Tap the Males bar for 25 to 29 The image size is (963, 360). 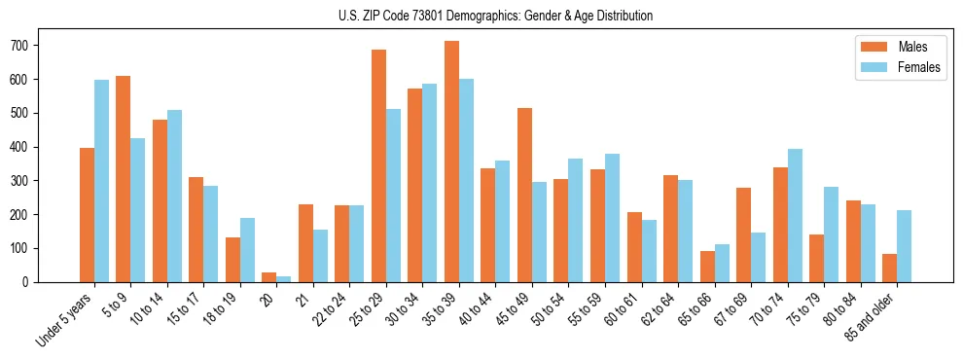click(378, 165)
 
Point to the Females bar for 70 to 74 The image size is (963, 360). click(795, 215)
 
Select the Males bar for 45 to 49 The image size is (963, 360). click(524, 195)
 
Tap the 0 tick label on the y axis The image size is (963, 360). click(32, 282)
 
